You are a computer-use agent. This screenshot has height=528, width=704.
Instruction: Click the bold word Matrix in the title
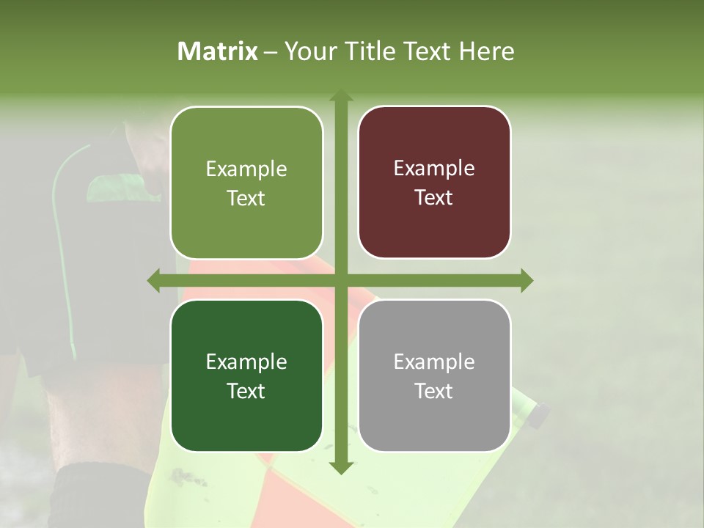tap(218, 51)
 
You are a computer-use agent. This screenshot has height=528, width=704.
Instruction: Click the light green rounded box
tap(246, 183)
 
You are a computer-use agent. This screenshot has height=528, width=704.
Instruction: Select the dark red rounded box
tap(434, 183)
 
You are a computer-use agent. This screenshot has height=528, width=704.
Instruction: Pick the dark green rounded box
tap(246, 375)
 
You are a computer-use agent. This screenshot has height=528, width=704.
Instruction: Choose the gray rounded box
tap(434, 375)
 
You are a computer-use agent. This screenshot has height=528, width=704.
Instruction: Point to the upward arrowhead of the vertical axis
tap(340, 96)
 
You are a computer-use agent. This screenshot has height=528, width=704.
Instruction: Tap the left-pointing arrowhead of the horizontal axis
tap(154, 280)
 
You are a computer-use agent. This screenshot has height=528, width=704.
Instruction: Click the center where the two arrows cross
tap(340, 280)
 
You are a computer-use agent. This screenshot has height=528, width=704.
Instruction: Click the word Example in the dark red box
tap(434, 169)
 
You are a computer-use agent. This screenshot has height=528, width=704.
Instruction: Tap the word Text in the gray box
tap(434, 392)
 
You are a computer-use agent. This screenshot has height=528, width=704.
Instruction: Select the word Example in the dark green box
tap(246, 362)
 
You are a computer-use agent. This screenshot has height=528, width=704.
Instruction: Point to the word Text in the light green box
tap(246, 199)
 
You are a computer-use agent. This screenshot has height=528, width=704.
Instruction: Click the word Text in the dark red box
tap(434, 198)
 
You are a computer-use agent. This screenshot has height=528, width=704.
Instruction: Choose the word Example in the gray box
tap(434, 362)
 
